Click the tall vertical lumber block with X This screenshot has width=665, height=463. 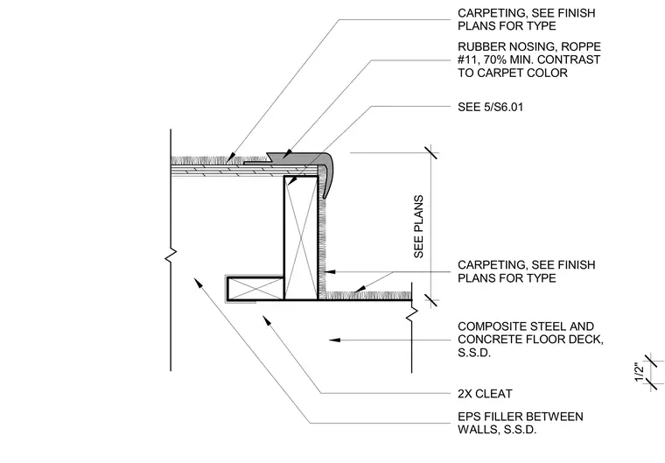(x=301, y=238)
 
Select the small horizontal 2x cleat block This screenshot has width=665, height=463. (x=255, y=289)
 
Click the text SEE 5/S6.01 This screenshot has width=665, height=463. (x=490, y=107)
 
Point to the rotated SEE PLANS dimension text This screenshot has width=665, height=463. (x=418, y=226)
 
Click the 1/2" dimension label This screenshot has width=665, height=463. (x=640, y=372)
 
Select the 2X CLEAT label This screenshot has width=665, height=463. (x=485, y=394)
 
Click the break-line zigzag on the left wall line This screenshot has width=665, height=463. (x=171, y=256)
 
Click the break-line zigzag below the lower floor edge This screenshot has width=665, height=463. (x=412, y=315)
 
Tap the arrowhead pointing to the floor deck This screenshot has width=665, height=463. (x=334, y=340)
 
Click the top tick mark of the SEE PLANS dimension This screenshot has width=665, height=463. (x=431, y=152)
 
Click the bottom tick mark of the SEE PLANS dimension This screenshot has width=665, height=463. (x=431, y=300)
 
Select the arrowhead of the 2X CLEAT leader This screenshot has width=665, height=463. (x=267, y=320)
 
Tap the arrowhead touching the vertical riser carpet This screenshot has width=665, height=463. (x=330, y=271)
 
